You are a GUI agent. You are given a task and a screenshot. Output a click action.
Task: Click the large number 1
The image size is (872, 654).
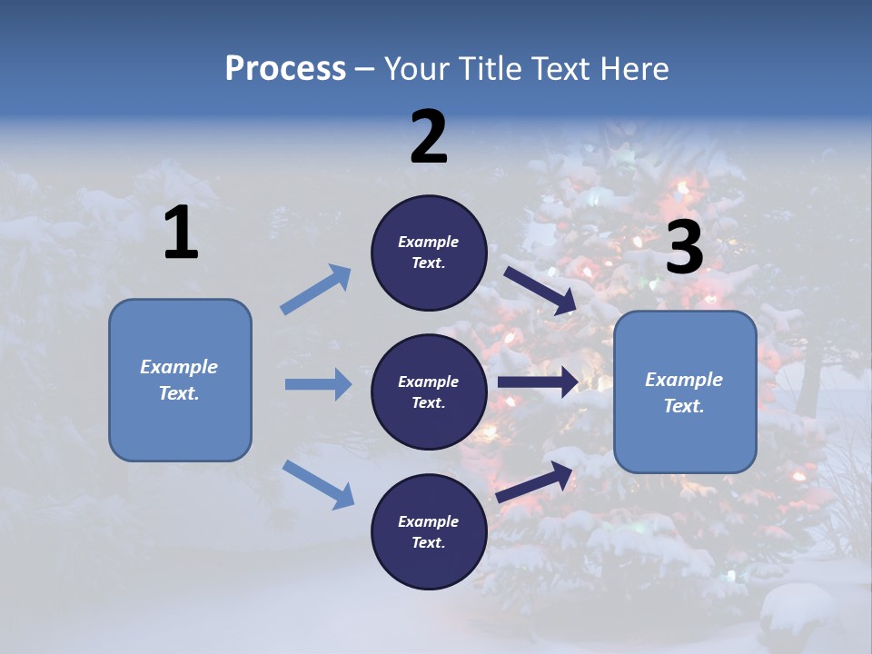[x=181, y=233]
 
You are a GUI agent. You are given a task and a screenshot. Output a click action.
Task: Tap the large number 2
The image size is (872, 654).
[x=429, y=137]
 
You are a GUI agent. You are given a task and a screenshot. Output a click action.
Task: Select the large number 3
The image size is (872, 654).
[x=684, y=247]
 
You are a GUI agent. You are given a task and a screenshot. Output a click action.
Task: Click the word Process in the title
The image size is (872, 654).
[x=285, y=68]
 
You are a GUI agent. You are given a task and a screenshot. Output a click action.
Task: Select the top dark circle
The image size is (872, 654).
[x=429, y=253]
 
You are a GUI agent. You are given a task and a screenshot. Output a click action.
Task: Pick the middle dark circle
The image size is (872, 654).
[x=429, y=391]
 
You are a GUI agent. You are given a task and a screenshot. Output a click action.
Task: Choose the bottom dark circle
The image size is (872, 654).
[x=429, y=531]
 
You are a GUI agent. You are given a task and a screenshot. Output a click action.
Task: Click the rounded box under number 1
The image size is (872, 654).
[x=180, y=380]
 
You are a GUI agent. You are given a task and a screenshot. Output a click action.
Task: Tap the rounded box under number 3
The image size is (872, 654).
[x=685, y=391]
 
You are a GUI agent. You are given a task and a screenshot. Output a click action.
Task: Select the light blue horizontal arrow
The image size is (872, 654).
[x=318, y=384]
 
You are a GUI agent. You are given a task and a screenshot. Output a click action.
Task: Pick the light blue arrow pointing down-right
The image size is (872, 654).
[x=318, y=483]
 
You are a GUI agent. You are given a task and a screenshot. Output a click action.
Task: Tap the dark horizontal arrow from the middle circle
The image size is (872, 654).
[x=538, y=382]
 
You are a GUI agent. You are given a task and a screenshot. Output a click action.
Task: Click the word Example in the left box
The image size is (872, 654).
[x=179, y=367]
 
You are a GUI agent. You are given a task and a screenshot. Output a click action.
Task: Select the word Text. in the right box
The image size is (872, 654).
[x=684, y=406]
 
